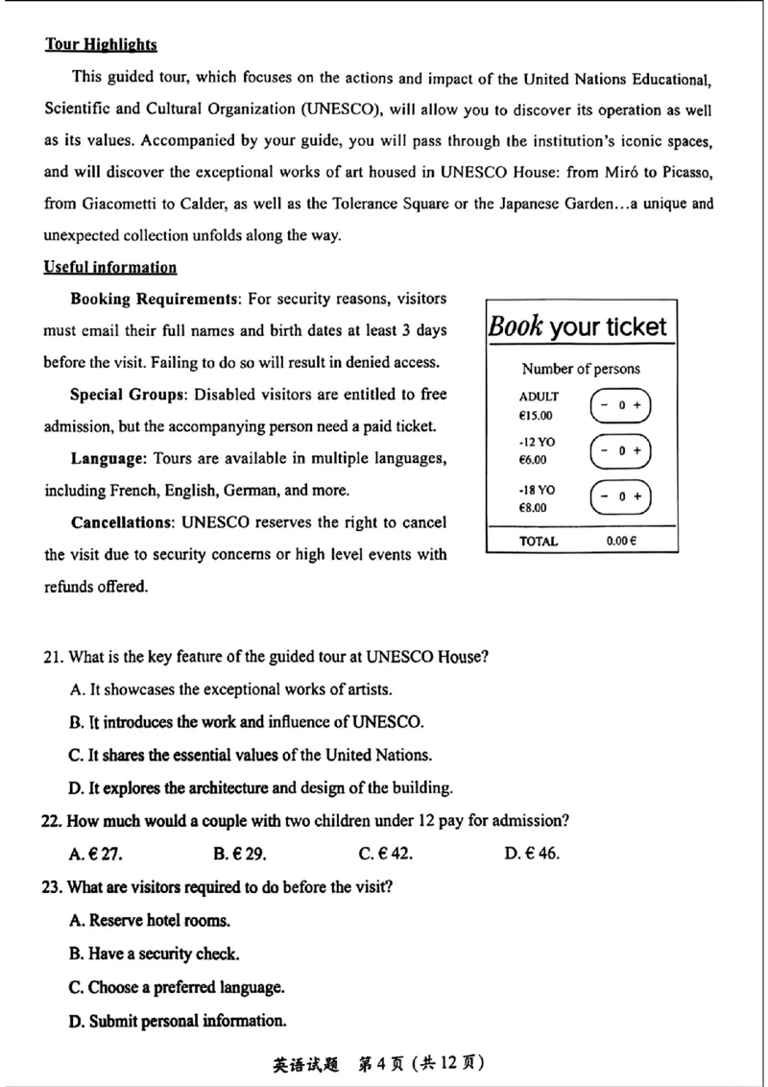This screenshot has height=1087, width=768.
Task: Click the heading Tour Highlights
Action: (101, 44)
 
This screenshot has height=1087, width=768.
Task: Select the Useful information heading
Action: (110, 267)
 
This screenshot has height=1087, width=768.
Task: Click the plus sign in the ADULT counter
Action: (636, 405)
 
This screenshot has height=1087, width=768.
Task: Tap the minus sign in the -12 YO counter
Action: (604, 450)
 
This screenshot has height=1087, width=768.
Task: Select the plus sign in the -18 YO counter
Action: (636, 496)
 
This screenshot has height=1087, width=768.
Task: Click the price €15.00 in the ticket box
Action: (536, 416)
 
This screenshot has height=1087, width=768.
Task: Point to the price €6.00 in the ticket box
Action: (533, 461)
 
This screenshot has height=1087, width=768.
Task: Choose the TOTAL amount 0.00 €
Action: (621, 542)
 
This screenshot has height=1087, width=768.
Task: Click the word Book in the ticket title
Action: (516, 326)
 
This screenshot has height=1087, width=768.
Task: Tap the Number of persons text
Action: (581, 369)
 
